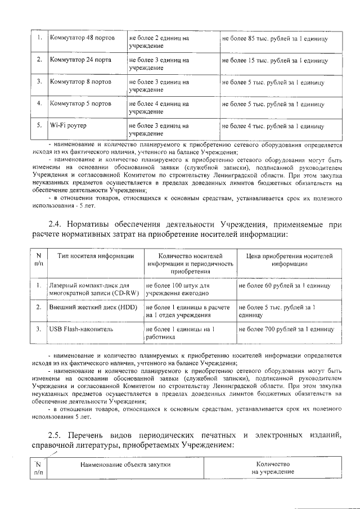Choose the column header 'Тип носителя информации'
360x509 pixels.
(x=96, y=256)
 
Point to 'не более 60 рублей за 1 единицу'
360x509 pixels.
(x=283, y=286)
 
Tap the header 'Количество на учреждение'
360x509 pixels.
(x=272, y=468)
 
